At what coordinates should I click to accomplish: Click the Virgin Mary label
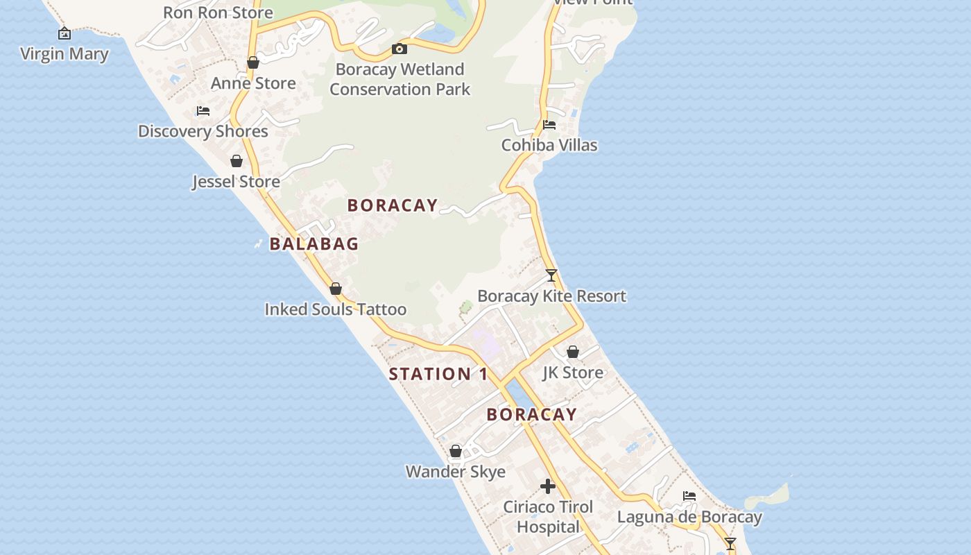click(65, 54)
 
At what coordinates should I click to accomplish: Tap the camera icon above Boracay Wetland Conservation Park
click(399, 49)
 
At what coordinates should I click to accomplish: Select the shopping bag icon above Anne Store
click(253, 62)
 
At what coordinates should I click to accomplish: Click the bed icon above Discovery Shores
click(203, 110)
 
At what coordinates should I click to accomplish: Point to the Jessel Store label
click(236, 182)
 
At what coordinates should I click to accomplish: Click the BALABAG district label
click(314, 244)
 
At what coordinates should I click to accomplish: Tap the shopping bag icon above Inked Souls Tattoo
click(336, 289)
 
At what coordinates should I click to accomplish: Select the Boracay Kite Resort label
click(552, 296)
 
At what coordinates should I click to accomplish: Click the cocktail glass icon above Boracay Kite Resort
click(551, 275)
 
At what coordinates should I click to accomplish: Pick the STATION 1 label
click(438, 374)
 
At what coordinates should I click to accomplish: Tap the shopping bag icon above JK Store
click(573, 352)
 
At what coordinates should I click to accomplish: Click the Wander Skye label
click(456, 472)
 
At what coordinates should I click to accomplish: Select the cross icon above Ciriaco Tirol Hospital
click(548, 486)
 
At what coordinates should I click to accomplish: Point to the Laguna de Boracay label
click(689, 517)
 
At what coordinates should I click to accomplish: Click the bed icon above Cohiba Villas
click(549, 125)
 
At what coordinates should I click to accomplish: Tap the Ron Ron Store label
click(218, 12)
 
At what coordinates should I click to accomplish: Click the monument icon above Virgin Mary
click(65, 33)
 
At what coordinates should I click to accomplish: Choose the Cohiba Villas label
click(549, 145)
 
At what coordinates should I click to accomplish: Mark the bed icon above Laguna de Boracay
click(689, 496)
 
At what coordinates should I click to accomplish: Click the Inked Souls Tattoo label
click(336, 309)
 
